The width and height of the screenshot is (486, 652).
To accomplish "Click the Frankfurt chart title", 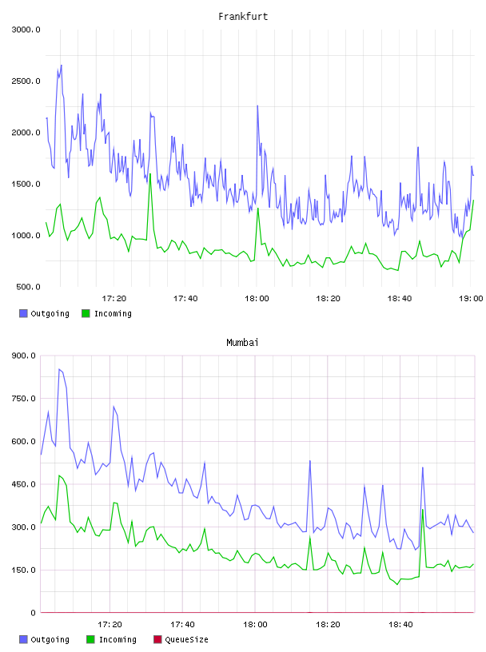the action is point(243,17).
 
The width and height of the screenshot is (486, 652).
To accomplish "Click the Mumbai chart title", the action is point(242,343).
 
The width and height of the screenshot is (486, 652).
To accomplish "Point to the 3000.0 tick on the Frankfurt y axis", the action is point(26,30).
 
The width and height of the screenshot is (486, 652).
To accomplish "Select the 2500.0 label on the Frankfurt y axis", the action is point(26,81).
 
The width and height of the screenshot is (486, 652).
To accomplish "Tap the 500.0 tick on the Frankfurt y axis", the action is point(28,287).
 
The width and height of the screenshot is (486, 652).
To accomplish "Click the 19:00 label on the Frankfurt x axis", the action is point(471,299).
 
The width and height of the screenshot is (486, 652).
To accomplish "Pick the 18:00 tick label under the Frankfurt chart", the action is point(257,299).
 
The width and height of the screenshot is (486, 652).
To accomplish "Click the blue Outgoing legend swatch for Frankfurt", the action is point(23,313).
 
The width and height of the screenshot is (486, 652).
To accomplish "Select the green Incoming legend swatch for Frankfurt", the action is point(86,313).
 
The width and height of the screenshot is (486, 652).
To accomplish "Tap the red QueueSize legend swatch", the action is point(157,639).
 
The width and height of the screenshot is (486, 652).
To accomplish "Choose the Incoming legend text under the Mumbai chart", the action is point(118,640).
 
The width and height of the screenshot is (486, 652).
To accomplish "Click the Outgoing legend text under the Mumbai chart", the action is point(50,640).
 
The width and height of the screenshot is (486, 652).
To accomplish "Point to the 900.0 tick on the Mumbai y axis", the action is point(24,356).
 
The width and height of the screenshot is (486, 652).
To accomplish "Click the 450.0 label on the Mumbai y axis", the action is point(24,484).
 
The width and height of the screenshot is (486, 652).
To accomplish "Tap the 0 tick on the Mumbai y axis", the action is point(34,613).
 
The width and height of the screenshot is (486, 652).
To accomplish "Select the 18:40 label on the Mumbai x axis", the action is point(400,625).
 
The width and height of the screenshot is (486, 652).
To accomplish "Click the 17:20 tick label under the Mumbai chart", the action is point(110,625).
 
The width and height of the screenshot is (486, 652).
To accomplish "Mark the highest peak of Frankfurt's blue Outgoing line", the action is point(62,66).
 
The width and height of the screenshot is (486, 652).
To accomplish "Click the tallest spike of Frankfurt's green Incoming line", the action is point(150,174).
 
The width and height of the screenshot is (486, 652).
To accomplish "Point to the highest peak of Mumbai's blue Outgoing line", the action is point(59,369).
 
